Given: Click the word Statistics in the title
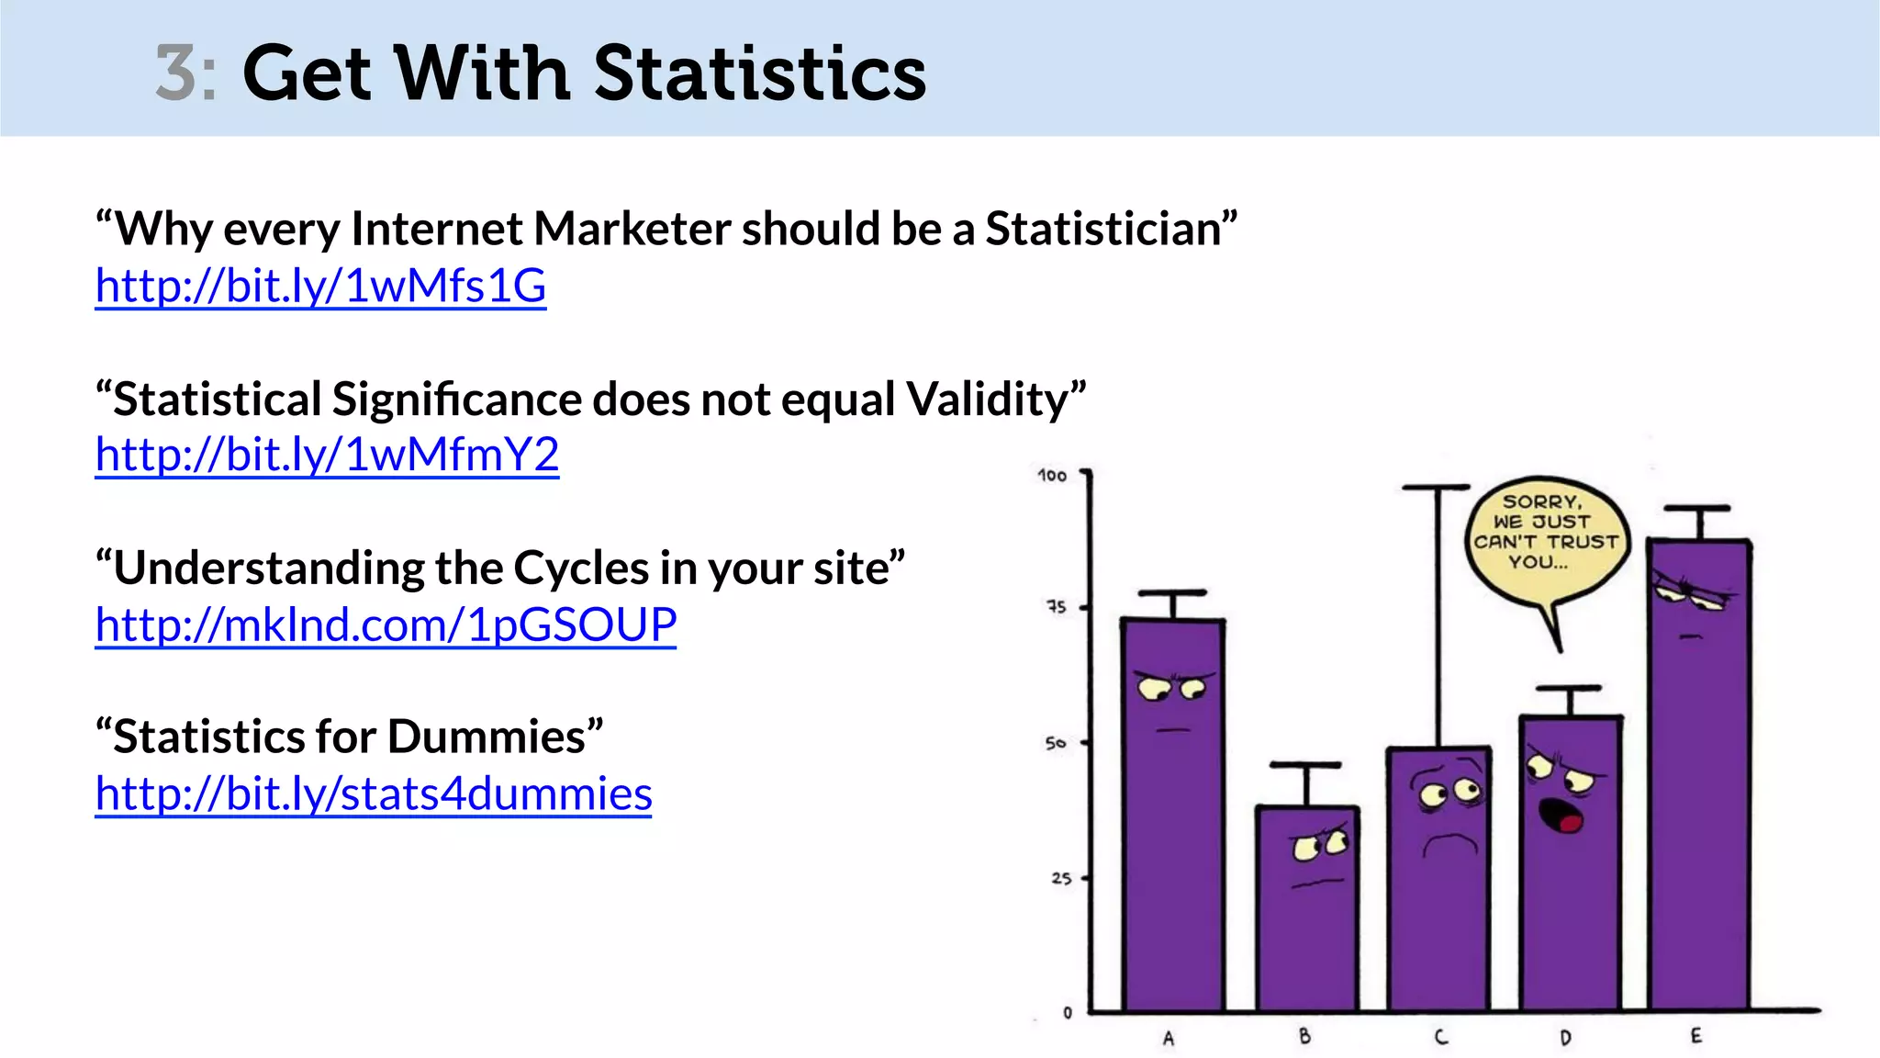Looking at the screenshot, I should pyautogui.click(x=760, y=73).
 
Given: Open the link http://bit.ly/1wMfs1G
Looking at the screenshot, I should pyautogui.click(x=320, y=286).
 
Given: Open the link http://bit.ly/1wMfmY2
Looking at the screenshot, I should pyautogui.click(x=327, y=455).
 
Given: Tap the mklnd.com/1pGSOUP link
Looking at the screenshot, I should pyautogui.click(x=386, y=625).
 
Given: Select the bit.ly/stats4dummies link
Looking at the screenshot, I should pyautogui.click(x=374, y=794).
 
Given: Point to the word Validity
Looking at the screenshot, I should pyautogui.click(x=988, y=400).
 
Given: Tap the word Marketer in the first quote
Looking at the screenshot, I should pyautogui.click(x=632, y=229).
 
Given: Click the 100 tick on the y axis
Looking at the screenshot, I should pyautogui.click(x=1052, y=476).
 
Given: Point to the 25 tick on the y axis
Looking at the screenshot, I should pyautogui.click(x=1061, y=879).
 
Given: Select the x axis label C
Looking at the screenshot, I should pyautogui.click(x=1440, y=1037).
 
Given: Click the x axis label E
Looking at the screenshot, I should pyautogui.click(x=1695, y=1036).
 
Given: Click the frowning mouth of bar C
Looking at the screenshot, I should pyautogui.click(x=1450, y=843).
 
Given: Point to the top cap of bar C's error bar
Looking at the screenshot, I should pyautogui.click(x=1437, y=489).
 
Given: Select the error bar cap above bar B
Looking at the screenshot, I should pyautogui.click(x=1305, y=765).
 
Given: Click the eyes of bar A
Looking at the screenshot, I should pyautogui.click(x=1171, y=688).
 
